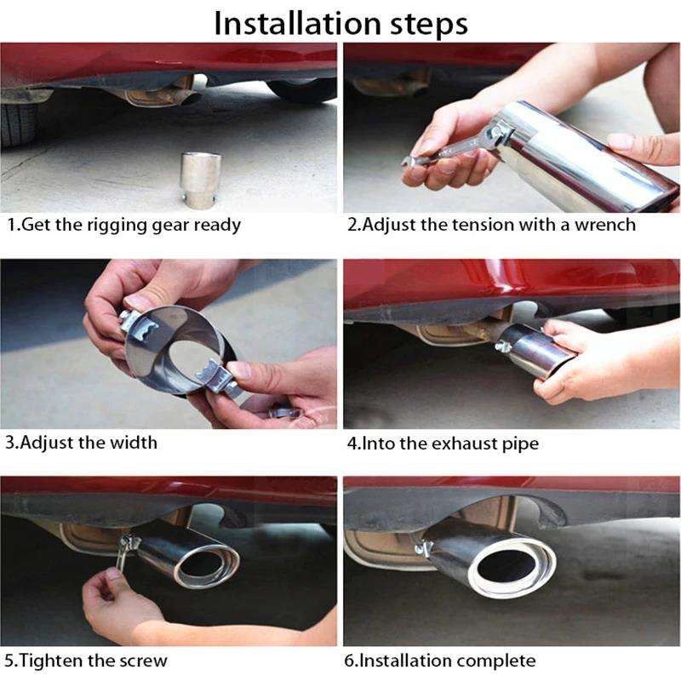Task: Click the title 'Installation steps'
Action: [341, 23]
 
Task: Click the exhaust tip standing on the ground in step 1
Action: [200, 179]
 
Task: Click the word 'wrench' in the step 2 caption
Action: [605, 225]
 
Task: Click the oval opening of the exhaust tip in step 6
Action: [512, 569]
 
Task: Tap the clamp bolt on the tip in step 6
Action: [422, 548]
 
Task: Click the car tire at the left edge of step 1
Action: [18, 122]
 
